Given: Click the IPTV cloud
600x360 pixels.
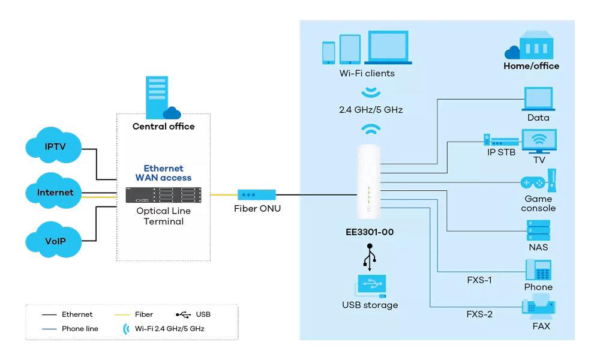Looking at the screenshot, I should (x=55, y=146).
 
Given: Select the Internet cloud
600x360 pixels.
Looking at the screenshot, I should (x=55, y=193).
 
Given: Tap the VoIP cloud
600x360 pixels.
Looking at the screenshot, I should (x=55, y=241).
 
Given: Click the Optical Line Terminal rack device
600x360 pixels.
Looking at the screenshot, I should (x=163, y=196).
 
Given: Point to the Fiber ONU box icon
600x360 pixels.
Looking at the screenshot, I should (x=256, y=194).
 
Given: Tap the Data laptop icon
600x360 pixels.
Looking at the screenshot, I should (x=538, y=99).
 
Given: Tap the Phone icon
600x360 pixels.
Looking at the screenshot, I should (x=538, y=269).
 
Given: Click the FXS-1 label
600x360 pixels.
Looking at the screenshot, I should (x=479, y=280).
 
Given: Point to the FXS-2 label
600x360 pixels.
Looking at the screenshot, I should (x=479, y=314).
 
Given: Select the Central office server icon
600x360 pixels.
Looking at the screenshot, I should (x=157, y=96).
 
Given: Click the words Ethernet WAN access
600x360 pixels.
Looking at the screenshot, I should (x=163, y=173).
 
